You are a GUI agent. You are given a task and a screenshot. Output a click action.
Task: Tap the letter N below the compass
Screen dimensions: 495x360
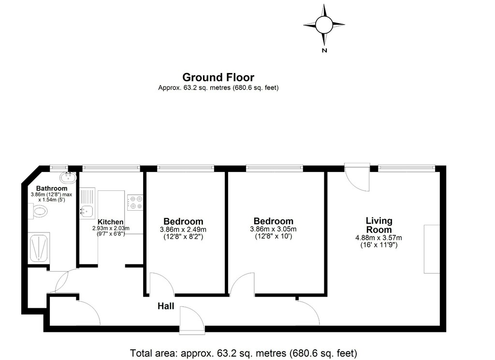[324, 50]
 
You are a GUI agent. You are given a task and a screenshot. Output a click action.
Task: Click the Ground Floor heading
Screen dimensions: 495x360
[218, 77]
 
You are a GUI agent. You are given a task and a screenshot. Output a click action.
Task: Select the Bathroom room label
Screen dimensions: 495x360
[51, 188]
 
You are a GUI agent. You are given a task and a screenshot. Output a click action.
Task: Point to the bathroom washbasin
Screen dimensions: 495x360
[68, 177]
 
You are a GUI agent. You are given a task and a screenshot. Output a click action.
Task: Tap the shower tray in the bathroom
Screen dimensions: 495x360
[39, 248]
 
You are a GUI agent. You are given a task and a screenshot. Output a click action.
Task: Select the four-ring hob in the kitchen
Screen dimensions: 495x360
[135, 202]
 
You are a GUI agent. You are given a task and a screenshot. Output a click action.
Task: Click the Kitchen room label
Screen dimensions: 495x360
[111, 222]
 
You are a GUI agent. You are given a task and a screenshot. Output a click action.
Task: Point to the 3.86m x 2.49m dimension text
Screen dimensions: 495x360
[183, 230]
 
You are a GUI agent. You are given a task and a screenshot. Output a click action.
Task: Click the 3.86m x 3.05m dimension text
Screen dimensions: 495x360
[273, 230]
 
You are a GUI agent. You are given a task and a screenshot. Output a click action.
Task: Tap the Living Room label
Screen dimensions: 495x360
[379, 225]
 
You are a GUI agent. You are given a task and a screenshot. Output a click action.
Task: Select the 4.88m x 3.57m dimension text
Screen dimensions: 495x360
[379, 238]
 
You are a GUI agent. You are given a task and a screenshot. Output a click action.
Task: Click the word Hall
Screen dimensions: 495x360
[166, 306]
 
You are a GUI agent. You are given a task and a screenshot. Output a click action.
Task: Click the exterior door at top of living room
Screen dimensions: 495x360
[357, 177]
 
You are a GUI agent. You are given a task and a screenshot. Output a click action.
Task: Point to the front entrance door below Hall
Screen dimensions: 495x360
[192, 320]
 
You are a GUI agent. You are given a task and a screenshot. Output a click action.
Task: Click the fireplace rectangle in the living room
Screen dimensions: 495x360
[432, 249]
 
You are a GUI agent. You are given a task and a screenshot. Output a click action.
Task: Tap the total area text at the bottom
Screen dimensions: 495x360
[244, 353]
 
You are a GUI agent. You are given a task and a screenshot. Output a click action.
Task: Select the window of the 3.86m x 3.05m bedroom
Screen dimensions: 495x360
[275, 168]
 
